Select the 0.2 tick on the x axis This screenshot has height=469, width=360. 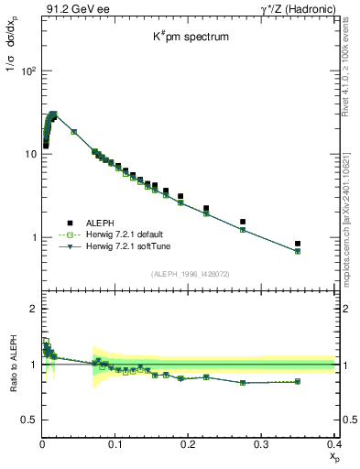click(189, 445)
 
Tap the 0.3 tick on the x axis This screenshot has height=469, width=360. click(262, 445)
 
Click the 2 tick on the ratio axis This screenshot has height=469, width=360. click(32, 309)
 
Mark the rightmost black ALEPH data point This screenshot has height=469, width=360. click(323, 244)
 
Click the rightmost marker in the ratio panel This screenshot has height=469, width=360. click(323, 381)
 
